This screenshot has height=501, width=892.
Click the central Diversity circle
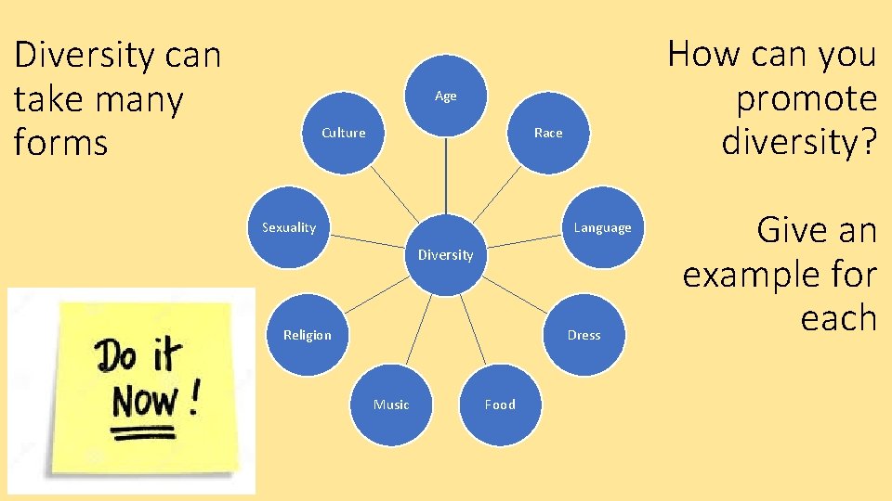446,255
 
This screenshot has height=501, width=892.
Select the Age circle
446,96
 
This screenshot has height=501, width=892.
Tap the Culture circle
344,134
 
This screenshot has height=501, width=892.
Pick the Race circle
548,134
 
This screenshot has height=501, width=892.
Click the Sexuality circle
289,228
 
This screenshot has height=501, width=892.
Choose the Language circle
602,228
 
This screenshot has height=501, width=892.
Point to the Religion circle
307,335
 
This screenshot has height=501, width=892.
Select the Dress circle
584,335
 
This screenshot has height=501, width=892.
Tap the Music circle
391,405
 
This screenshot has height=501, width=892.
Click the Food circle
500,405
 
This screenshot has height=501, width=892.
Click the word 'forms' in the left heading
61,144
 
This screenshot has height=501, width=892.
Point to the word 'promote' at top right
805,99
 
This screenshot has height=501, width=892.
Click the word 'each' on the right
838,318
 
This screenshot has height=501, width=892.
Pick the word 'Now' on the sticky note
144,402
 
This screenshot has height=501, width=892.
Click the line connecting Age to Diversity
446,176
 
